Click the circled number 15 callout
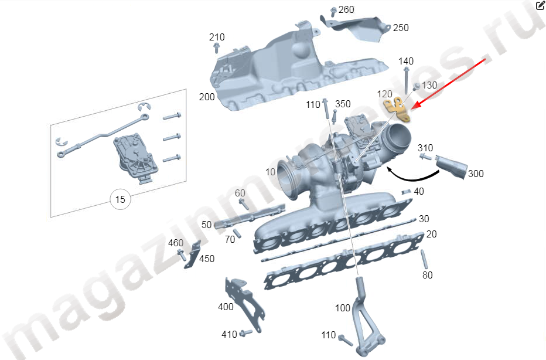tap(120, 199)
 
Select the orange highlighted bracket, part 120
tap(397, 110)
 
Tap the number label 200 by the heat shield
tap(207, 97)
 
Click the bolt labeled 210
tap(216, 48)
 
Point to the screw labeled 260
tap(333, 12)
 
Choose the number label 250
tap(401, 28)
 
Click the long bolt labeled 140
tap(407, 80)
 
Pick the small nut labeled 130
tap(417, 86)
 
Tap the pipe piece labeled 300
tap(451, 167)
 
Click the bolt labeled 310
tap(425, 157)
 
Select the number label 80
tap(428, 276)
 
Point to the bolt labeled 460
tap(182, 254)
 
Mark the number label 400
tap(226, 307)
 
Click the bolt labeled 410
tap(246, 332)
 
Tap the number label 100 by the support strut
tap(343, 308)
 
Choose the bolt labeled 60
tap(244, 204)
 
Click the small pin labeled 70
tap(237, 233)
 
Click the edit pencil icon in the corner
tap(540, 5)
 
